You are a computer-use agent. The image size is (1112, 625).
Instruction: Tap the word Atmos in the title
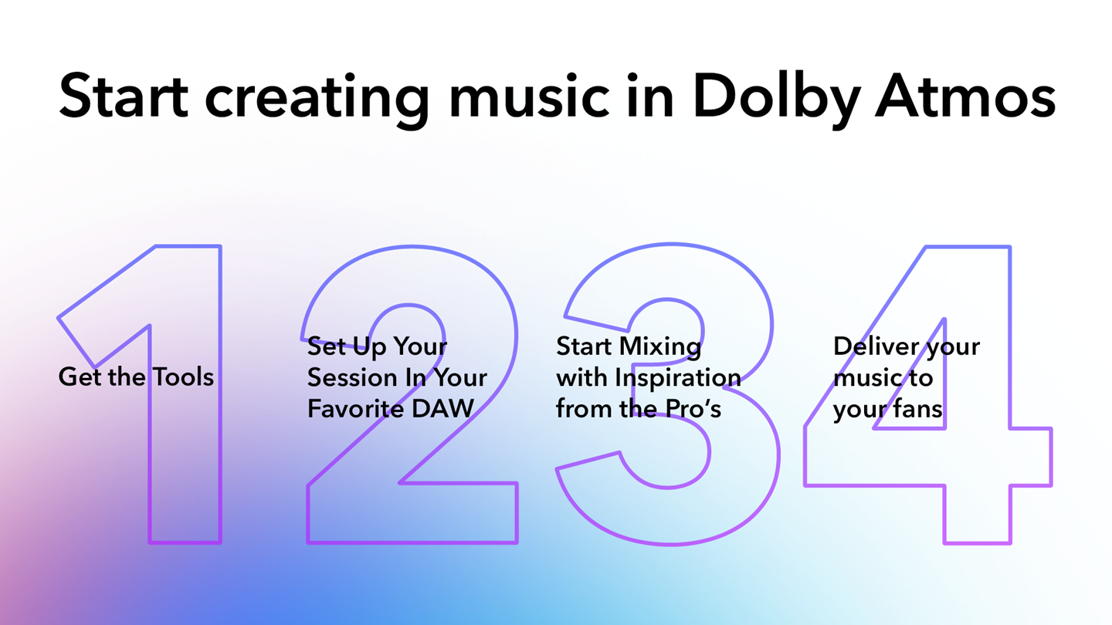pos(965,97)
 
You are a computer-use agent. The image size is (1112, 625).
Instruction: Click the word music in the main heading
pos(529,96)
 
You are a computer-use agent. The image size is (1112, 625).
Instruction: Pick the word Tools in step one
pos(183,377)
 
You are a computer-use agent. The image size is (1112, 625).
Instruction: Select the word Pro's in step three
pos(693,409)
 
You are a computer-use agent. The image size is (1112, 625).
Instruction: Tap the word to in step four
pos(920,379)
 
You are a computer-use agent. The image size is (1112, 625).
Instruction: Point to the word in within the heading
pos(651,96)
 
